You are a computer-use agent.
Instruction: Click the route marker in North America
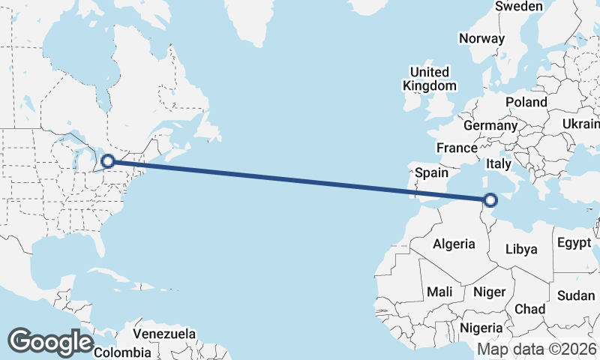[x=108, y=160]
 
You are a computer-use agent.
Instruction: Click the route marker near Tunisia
[x=490, y=200]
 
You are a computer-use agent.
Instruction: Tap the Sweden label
[x=519, y=6]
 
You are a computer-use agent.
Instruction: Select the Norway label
[x=482, y=38]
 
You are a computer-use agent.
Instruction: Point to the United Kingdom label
[x=429, y=79]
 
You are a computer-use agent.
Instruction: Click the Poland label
[x=526, y=102]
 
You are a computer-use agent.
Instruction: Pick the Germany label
[x=490, y=125]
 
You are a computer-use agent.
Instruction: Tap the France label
[x=457, y=148]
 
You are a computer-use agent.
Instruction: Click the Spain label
[x=432, y=172]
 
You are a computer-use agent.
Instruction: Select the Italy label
[x=499, y=163]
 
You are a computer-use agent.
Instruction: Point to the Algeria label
[x=454, y=244]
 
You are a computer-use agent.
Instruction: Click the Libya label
[x=522, y=249]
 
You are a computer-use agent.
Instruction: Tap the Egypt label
[x=574, y=243]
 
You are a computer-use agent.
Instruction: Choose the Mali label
[x=438, y=291]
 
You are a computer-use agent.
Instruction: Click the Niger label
[x=490, y=292]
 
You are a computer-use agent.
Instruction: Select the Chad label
[x=529, y=309]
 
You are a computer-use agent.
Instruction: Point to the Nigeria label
[x=481, y=328]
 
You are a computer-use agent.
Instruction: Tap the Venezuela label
[x=164, y=333]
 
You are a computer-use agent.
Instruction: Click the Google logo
[x=51, y=342]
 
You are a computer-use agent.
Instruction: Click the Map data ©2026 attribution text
[x=537, y=349]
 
